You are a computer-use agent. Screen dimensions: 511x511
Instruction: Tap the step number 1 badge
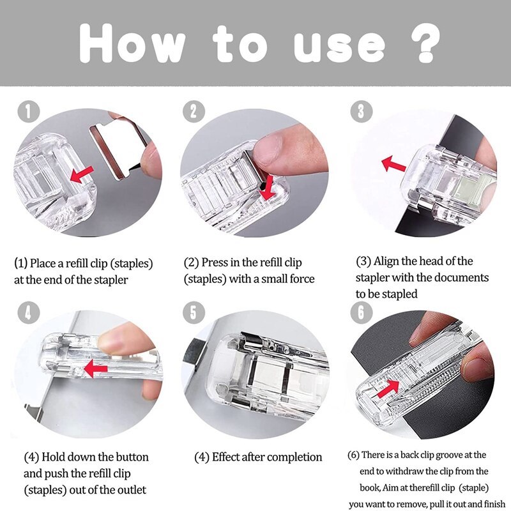(27, 112)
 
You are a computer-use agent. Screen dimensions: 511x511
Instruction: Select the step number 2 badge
(192, 112)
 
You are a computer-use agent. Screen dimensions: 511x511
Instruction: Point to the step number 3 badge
(361, 112)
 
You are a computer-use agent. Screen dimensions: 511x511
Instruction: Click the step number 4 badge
(27, 313)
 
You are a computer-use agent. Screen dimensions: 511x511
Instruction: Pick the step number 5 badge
(192, 313)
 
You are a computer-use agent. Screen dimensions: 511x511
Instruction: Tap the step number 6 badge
(361, 313)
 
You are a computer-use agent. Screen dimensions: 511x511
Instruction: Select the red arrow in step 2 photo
(268, 185)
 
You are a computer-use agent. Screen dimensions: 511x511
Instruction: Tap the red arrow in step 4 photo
(96, 368)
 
